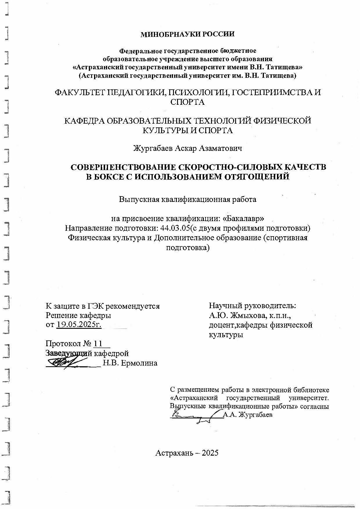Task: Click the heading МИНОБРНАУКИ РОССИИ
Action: coord(187,35)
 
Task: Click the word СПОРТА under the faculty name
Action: coord(187,102)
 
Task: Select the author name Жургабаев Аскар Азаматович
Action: coord(187,149)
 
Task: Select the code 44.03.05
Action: coord(175,228)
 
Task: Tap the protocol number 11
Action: coord(98,344)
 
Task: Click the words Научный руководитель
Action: coord(252,306)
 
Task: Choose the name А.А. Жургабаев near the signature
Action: coord(248,415)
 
